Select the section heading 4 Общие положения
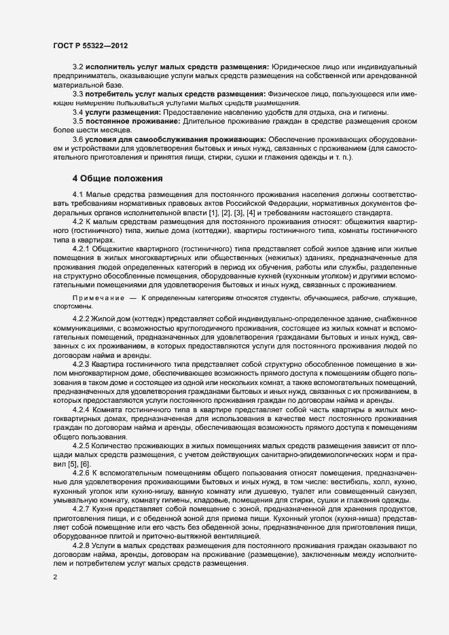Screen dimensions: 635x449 click(x=118, y=179)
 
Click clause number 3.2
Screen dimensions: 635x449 click(x=77, y=67)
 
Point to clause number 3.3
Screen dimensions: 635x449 click(x=77, y=93)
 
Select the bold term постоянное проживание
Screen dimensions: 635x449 click(x=130, y=120)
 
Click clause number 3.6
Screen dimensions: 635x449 click(x=77, y=139)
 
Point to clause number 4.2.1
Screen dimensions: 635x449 click(x=81, y=249)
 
